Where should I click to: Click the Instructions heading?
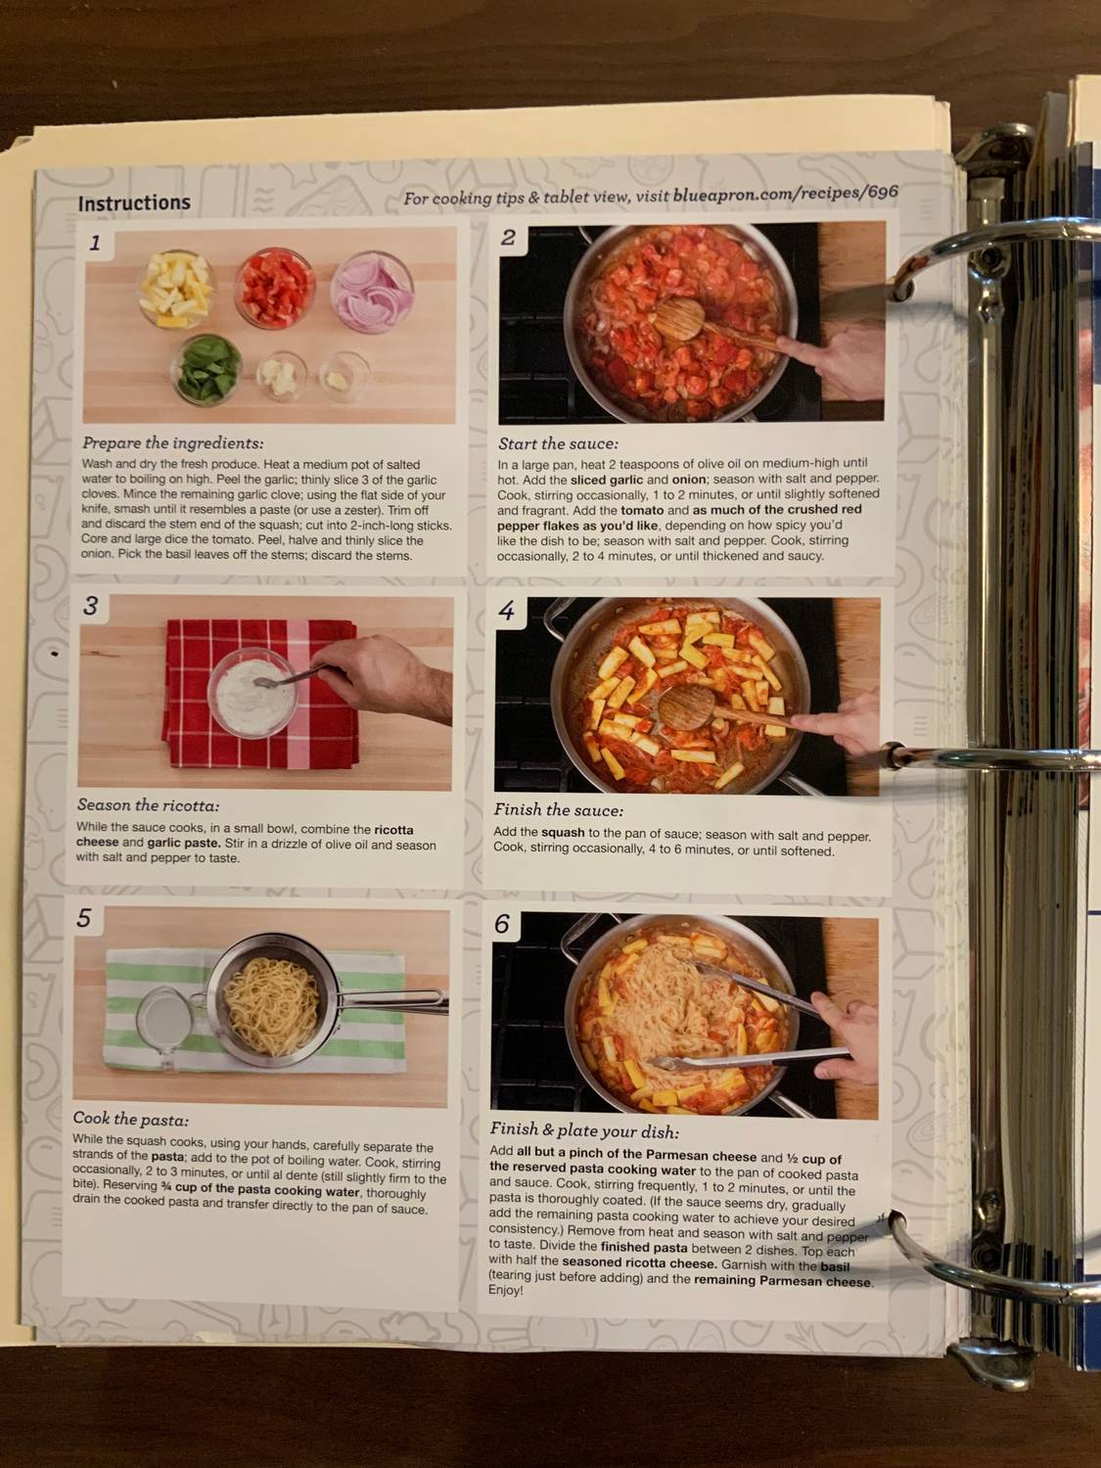click(x=134, y=204)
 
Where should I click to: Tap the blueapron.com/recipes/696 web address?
click(x=785, y=195)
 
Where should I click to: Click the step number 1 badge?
click(x=95, y=243)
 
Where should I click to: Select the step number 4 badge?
click(x=506, y=612)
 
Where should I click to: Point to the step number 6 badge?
click(x=502, y=924)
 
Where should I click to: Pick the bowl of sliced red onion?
click(x=372, y=292)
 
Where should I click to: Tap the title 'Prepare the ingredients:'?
click(x=172, y=443)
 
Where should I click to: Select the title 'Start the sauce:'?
click(x=558, y=443)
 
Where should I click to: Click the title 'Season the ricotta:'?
click(x=148, y=805)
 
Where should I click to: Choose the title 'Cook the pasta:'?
click(x=131, y=1119)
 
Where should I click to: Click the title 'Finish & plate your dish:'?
click(x=583, y=1130)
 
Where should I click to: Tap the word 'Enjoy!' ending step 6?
click(x=506, y=1291)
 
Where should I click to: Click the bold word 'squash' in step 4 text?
click(x=564, y=833)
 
